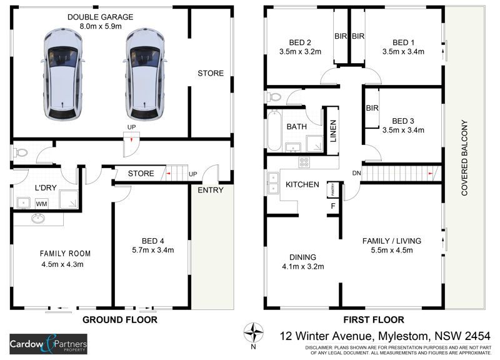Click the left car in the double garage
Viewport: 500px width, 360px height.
tap(63, 74)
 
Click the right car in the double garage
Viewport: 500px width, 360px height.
tap(146, 74)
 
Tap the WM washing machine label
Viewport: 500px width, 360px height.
tap(41, 204)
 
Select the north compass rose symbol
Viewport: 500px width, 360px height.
tap(254, 332)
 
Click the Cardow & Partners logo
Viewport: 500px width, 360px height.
tap(49, 344)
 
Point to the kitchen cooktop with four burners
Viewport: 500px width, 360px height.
tap(304, 162)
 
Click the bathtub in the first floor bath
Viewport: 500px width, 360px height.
tap(274, 131)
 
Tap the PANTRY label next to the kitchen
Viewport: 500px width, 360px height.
tap(333, 189)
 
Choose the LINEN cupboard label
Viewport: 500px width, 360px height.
tap(333, 131)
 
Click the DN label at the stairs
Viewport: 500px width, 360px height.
tap(356, 173)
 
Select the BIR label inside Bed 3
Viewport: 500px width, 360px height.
tap(372, 108)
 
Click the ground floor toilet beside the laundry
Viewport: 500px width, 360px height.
tap(20, 152)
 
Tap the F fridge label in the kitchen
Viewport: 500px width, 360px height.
tap(333, 206)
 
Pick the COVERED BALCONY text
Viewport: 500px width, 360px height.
tap(464, 158)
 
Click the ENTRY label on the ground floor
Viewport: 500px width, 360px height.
tap(211, 190)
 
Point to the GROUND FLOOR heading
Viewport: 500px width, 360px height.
tap(120, 320)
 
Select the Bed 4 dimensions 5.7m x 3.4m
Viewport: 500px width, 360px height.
tap(153, 250)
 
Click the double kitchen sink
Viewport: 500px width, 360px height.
tap(273, 183)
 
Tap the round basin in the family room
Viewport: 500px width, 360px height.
tap(38, 219)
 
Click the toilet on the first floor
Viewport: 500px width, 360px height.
tap(274, 97)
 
